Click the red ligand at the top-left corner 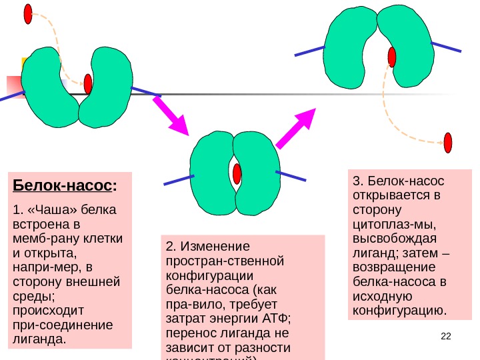[28, 13]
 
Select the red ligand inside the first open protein [88, 84]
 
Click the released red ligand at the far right [448, 143]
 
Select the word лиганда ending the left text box [39, 339]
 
